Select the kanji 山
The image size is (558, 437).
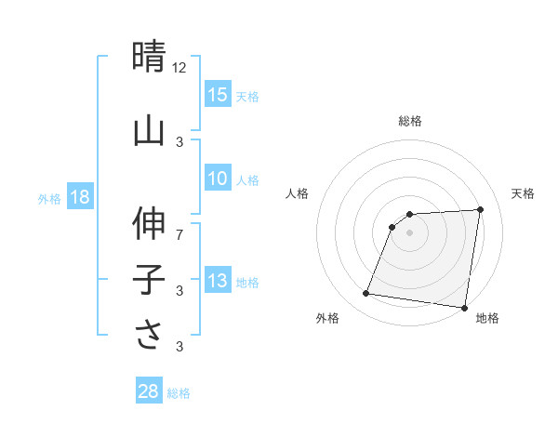coord(149,131)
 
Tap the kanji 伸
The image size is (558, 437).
coord(149,223)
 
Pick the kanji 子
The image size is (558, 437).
coord(149,280)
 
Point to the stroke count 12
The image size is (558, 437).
coord(179,67)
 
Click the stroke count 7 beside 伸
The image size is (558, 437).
coord(179,233)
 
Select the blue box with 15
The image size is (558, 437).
coord(218,95)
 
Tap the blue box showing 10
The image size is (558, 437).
coord(218,179)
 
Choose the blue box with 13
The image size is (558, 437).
coord(218,281)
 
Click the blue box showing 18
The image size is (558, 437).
coord(80,197)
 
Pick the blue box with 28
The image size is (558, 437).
coord(149,391)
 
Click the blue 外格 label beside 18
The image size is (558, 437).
coord(49,198)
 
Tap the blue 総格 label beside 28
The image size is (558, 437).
coord(179,392)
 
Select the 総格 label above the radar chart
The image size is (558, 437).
coord(409,122)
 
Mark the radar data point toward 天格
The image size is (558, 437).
coord(480,209)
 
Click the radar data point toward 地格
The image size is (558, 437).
coord(464,308)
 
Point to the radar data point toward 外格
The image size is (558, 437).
coord(366,294)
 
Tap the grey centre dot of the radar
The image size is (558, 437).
coord(409,232)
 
